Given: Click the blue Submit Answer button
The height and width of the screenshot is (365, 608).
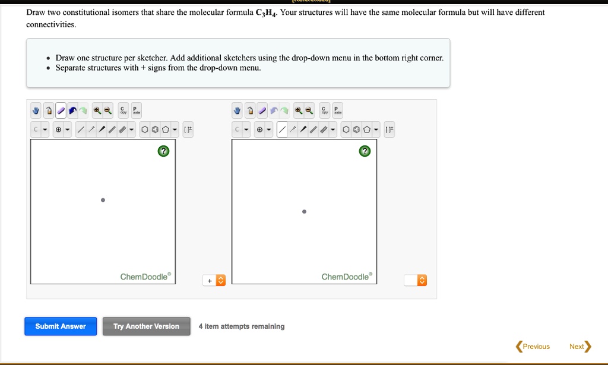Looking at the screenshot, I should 61,326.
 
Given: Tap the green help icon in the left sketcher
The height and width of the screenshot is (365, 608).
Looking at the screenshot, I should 163,151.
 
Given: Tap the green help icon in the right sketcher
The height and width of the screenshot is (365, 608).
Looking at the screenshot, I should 365,151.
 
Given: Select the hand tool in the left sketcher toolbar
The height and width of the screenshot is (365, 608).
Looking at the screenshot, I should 36,110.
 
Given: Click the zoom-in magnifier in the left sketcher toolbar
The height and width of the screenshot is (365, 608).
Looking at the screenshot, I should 97,110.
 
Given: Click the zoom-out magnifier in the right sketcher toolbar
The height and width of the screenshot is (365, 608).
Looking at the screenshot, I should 309,110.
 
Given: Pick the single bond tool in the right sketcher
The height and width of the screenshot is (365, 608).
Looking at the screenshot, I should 282,129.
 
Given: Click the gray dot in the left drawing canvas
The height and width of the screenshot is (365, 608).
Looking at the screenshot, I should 103,200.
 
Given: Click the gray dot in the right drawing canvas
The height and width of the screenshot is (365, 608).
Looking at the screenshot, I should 304,211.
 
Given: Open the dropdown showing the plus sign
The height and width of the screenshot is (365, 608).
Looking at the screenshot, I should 214,280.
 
